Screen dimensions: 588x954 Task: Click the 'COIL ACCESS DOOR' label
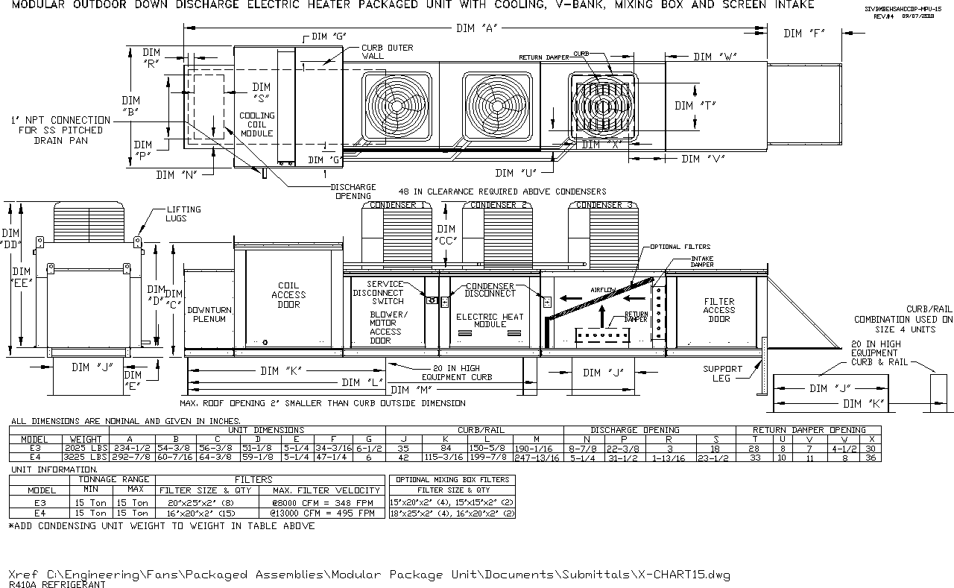(x=288, y=294)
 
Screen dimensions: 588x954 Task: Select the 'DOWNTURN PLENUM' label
(x=209, y=314)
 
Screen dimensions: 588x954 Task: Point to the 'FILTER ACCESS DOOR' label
(x=718, y=310)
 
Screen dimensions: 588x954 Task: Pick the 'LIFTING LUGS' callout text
(x=183, y=214)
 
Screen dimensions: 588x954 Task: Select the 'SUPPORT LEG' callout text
(x=722, y=373)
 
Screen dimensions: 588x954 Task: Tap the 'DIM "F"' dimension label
(x=803, y=34)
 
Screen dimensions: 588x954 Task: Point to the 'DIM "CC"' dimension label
(x=446, y=235)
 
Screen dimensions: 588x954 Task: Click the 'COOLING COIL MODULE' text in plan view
(x=256, y=124)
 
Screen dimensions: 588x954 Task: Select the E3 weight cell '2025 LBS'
(x=86, y=448)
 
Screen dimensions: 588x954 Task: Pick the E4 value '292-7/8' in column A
(x=131, y=457)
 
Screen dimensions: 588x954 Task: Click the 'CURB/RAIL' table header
(x=474, y=430)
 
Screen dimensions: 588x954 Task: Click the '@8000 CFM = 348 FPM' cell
(x=323, y=504)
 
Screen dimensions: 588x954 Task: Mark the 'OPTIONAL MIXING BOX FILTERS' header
(x=452, y=479)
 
